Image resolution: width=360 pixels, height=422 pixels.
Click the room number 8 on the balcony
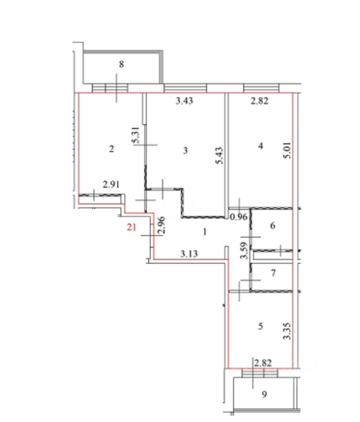[121, 64]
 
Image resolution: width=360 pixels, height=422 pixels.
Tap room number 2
[111, 149]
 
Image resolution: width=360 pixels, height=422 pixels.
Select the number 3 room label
[185, 150]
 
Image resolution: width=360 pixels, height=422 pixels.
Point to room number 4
[260, 146]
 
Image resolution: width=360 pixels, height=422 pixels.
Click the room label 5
[260, 326]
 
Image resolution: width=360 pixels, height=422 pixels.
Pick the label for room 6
[273, 226]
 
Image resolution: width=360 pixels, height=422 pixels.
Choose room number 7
[273, 273]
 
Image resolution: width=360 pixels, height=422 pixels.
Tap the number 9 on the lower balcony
[264, 395]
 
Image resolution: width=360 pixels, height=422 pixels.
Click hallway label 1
[205, 232]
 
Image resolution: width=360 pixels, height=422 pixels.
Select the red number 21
[132, 227]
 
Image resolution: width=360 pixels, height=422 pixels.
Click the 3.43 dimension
[184, 101]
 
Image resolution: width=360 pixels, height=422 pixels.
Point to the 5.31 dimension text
[136, 135]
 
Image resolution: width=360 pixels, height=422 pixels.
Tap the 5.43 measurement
[219, 156]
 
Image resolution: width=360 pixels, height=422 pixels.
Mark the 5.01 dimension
[287, 150]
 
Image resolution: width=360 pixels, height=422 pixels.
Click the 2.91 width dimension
[111, 185]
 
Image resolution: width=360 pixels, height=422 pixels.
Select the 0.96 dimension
[239, 217]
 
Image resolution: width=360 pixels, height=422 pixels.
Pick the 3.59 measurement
[244, 251]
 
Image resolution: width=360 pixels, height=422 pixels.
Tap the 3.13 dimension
[189, 254]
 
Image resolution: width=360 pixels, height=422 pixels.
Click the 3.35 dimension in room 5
[287, 331]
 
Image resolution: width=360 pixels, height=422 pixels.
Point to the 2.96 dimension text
[161, 225]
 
